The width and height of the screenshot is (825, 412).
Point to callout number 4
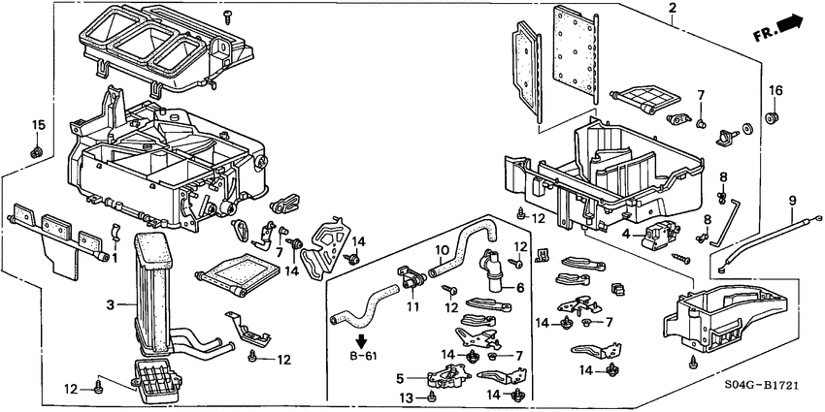627,234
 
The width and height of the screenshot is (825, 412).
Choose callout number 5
400,377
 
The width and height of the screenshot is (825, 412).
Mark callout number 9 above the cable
792,201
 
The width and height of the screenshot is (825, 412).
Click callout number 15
39,124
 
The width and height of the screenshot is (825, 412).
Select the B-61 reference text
362,357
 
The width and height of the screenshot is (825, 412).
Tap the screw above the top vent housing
229,15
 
